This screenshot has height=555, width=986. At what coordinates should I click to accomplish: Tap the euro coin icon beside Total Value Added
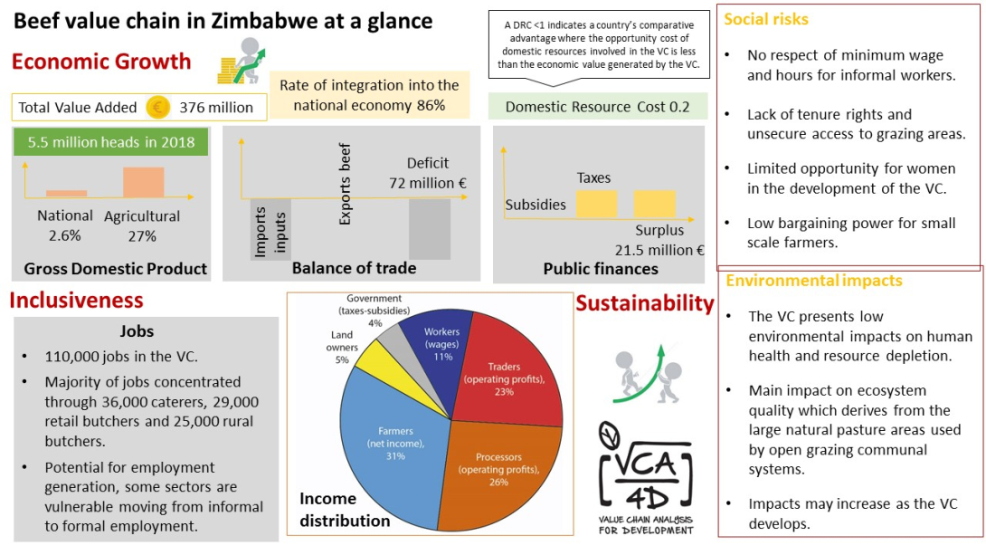point(157,108)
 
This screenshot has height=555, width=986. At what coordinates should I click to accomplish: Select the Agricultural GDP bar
point(143,182)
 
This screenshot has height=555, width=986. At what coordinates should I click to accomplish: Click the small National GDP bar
point(66,193)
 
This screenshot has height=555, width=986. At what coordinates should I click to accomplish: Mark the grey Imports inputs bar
point(270,229)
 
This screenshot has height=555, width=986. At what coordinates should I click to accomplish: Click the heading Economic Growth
point(101,62)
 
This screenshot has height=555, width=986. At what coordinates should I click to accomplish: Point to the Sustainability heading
point(644,303)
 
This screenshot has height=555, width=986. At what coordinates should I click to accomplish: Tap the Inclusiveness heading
point(76,300)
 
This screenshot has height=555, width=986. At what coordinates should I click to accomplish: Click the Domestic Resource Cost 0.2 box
point(597,107)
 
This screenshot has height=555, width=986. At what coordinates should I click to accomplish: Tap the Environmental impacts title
point(813,281)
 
